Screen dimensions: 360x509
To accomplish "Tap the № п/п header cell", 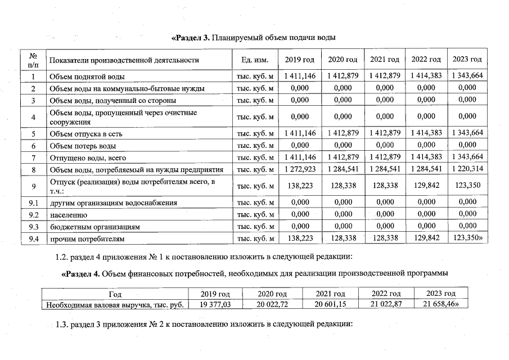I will point(33,60).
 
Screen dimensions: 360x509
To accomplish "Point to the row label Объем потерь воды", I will point(83,145).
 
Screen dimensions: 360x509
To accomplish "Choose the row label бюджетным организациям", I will point(94,227).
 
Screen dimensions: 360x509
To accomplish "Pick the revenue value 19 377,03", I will point(215,304).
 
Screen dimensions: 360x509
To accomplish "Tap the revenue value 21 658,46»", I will point(442,304).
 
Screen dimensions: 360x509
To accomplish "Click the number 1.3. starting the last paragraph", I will point(63,325).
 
